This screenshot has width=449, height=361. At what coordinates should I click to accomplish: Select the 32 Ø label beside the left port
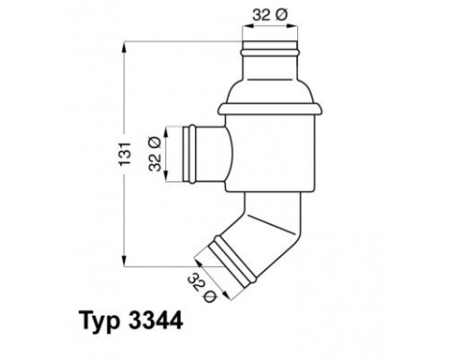point(154,152)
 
